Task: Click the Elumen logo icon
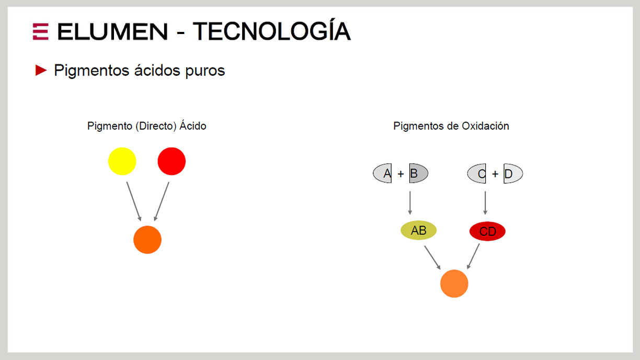coord(41,31)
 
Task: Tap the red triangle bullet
coord(41,70)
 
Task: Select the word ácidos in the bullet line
coord(157,70)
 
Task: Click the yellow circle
coord(122,161)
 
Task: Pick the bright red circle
coord(172,161)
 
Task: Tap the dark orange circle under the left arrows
coord(147,240)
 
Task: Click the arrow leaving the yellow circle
coord(134,201)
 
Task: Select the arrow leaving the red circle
coord(162,201)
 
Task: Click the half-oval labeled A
coord(383,173)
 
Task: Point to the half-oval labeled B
coord(419,173)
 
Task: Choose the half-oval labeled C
coord(477,174)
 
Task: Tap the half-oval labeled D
coord(513,174)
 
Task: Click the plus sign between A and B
coord(401,174)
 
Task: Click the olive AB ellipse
coord(419,230)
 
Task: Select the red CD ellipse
coord(487,231)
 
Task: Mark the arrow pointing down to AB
coord(410,203)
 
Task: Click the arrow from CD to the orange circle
coord(473,256)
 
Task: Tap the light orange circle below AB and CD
coord(454,284)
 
